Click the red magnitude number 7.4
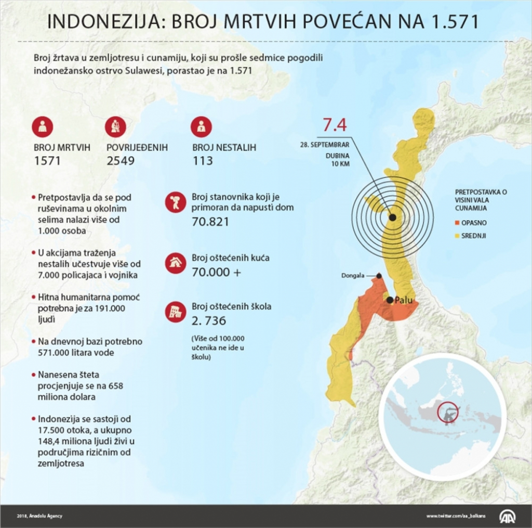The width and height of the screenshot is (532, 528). click(335, 125)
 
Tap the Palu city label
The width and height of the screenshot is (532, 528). click(404, 300)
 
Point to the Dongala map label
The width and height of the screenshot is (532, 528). click(353, 276)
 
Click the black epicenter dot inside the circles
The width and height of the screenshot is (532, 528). click(392, 217)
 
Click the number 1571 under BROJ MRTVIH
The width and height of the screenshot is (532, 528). click(47, 161)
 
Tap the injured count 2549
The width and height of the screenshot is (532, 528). click(121, 161)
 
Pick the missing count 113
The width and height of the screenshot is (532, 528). click(203, 161)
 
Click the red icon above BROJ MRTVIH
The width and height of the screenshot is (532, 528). click(43, 126)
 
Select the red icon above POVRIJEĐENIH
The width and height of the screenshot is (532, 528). click(115, 126)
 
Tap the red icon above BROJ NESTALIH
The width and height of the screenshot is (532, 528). click(201, 126)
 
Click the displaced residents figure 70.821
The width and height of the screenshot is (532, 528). click(210, 222)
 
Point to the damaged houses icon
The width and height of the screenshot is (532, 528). click(176, 263)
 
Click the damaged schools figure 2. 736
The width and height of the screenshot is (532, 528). click(209, 320)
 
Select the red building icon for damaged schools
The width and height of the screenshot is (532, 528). click(176, 311)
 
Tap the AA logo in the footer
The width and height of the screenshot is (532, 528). click(508, 516)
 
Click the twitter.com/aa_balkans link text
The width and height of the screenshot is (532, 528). click(456, 516)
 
